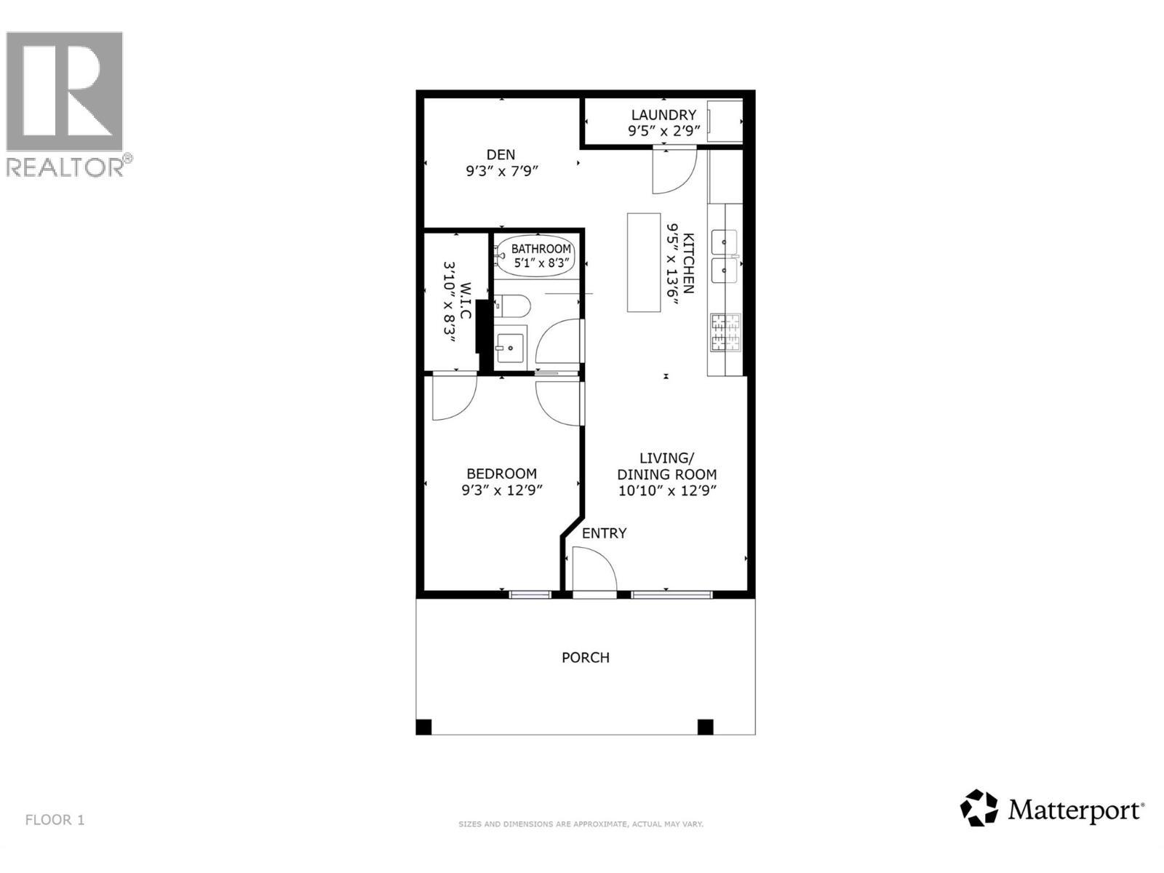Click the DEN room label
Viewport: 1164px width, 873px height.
pos(501,154)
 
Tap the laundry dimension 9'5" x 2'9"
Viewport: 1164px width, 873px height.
pos(663,131)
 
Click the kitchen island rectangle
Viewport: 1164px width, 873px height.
pos(644,262)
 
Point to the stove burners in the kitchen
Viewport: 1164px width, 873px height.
pos(725,333)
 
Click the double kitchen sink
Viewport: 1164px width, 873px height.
pos(725,256)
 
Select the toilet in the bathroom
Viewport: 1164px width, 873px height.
pos(511,306)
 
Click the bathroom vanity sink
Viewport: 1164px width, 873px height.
pos(511,348)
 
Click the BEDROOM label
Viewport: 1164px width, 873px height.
pos(502,473)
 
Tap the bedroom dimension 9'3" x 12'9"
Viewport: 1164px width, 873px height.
pos(502,490)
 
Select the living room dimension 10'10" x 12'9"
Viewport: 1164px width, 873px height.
pos(667,490)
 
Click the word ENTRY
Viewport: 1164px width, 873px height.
pos(604,533)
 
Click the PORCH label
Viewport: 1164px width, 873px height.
pos(586,658)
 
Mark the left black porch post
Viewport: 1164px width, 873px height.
pos(424,726)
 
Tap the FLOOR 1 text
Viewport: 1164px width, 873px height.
pos(55,820)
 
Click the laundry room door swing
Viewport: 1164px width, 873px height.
pos(673,171)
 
